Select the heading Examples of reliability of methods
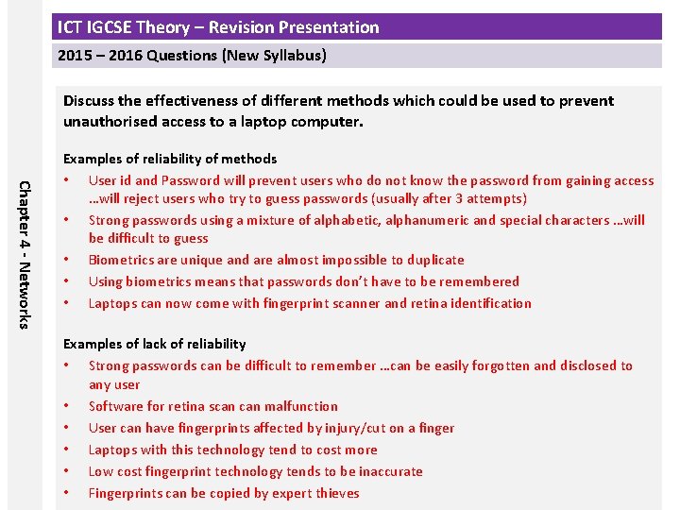[x=170, y=159]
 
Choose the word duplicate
[x=433, y=260]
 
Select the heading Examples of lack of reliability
[x=154, y=344]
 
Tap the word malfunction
[x=300, y=406]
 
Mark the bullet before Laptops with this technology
[x=67, y=450]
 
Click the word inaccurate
[x=387, y=471]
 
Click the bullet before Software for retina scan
[x=67, y=407]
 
